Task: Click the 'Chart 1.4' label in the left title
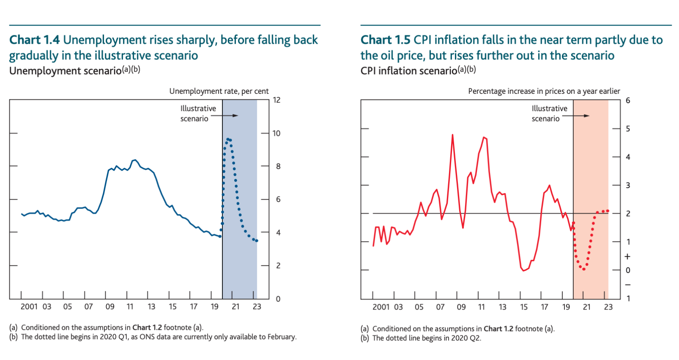click(x=35, y=40)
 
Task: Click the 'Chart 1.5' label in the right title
click(x=386, y=40)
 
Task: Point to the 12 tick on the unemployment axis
click(x=277, y=100)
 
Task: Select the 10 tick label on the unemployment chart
click(x=277, y=133)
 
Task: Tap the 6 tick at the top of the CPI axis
click(x=628, y=101)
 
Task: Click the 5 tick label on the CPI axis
click(x=628, y=129)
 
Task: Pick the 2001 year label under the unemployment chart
click(x=29, y=307)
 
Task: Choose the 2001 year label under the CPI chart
click(x=381, y=307)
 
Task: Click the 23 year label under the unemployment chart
click(x=257, y=307)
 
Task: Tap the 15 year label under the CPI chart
click(x=524, y=307)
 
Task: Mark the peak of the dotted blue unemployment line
click(x=227, y=139)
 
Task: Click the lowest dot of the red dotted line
click(x=584, y=269)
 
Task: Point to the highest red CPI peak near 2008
click(x=452, y=135)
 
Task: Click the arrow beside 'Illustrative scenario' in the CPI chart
click(x=582, y=115)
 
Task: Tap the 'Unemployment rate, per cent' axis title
click(x=219, y=91)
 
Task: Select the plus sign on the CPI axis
click(x=628, y=256)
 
